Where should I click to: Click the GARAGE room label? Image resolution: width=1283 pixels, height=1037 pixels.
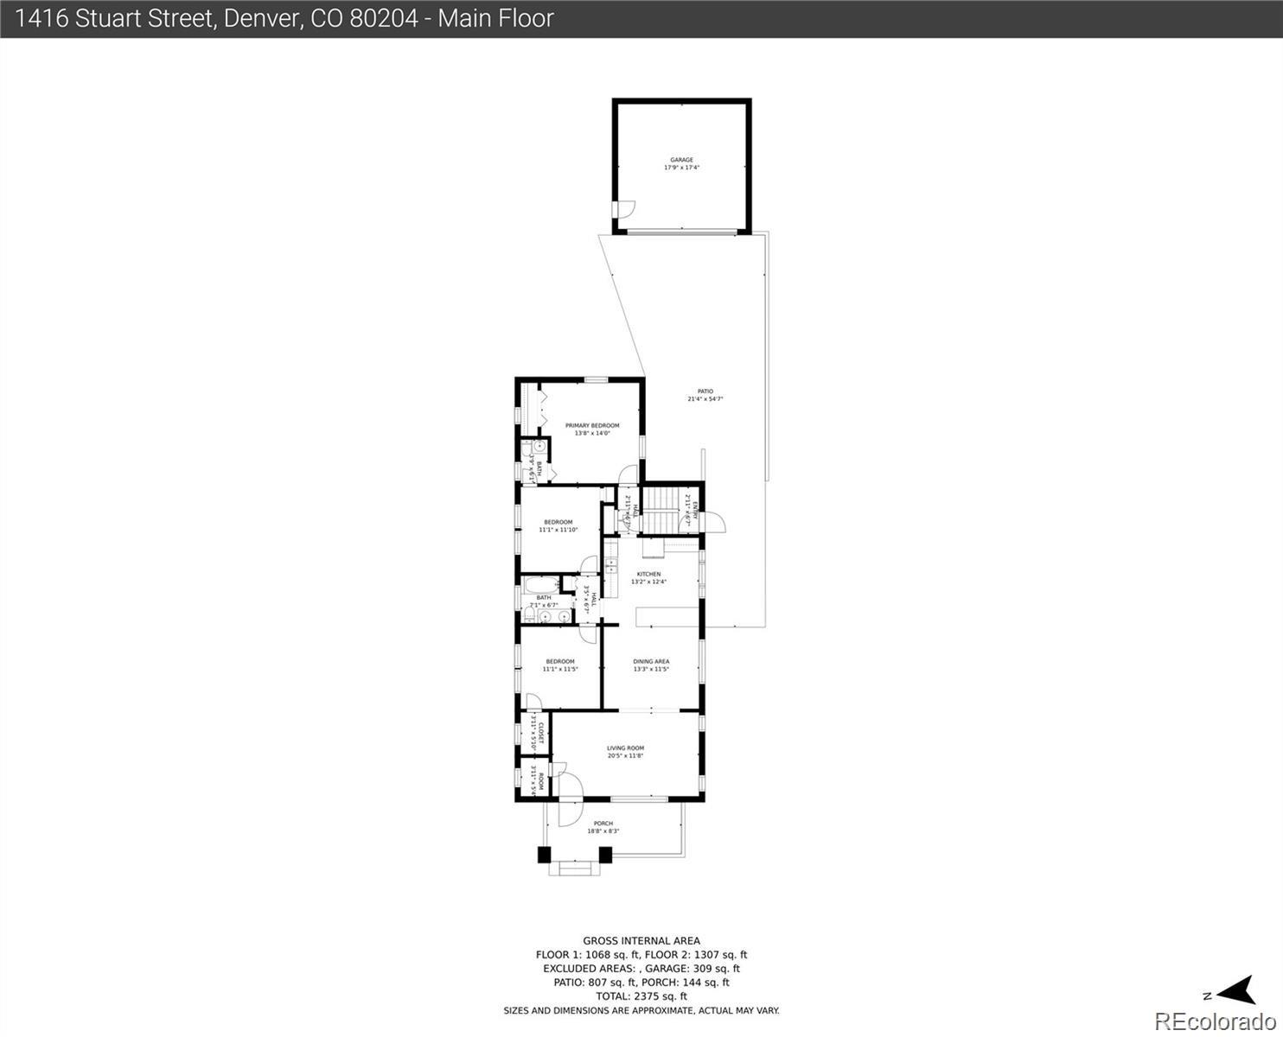tap(681, 160)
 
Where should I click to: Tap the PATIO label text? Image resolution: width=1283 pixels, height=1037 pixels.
tap(705, 391)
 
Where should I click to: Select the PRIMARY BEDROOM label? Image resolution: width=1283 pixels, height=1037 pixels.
tap(592, 425)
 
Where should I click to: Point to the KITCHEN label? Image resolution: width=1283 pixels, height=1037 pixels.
tap(648, 574)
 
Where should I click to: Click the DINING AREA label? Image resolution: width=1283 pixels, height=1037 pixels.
tap(651, 662)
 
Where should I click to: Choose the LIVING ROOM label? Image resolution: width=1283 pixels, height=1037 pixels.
tap(625, 748)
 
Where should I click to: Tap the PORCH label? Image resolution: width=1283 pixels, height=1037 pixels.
tap(603, 824)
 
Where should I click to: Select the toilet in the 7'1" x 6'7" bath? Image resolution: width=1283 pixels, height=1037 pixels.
tap(528, 616)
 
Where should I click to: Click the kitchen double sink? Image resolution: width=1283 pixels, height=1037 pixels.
tap(611, 567)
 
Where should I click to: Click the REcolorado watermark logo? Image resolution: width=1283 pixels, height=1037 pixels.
tap(1215, 1021)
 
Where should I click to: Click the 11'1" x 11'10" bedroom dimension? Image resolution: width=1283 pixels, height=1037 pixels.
tap(558, 530)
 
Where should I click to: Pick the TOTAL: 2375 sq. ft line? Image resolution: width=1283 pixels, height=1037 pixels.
tap(641, 996)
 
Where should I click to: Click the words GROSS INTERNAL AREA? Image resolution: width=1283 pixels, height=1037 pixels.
tap(641, 941)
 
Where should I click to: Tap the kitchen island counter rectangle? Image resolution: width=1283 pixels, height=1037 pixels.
tap(667, 615)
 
